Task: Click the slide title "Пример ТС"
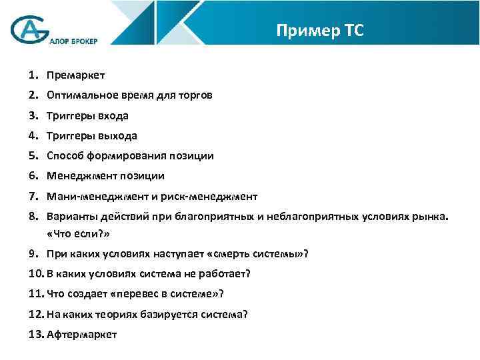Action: pyautogui.click(x=319, y=31)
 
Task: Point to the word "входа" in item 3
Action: pyautogui.click(x=113, y=115)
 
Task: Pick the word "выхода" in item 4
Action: pyautogui.click(x=117, y=135)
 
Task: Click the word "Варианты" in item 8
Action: pyautogui.click(x=69, y=217)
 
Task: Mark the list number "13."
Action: pyautogui.click(x=36, y=334)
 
